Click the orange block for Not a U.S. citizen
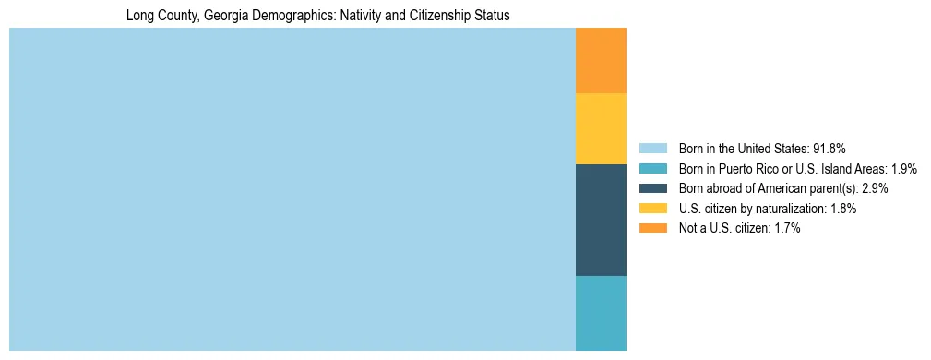(601, 60)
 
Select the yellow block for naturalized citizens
(601, 128)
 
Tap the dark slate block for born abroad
(601, 220)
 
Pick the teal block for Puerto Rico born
(601, 313)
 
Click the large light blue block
(292, 189)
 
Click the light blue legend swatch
(652, 148)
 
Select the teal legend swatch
(652, 168)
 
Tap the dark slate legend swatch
(652, 188)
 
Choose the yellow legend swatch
(652, 209)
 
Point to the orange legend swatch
(652, 229)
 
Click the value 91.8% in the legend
(830, 148)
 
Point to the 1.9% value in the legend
(904, 168)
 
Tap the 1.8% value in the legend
(842, 209)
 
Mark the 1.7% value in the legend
(786, 229)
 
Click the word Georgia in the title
(223, 16)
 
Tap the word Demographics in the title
(288, 16)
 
